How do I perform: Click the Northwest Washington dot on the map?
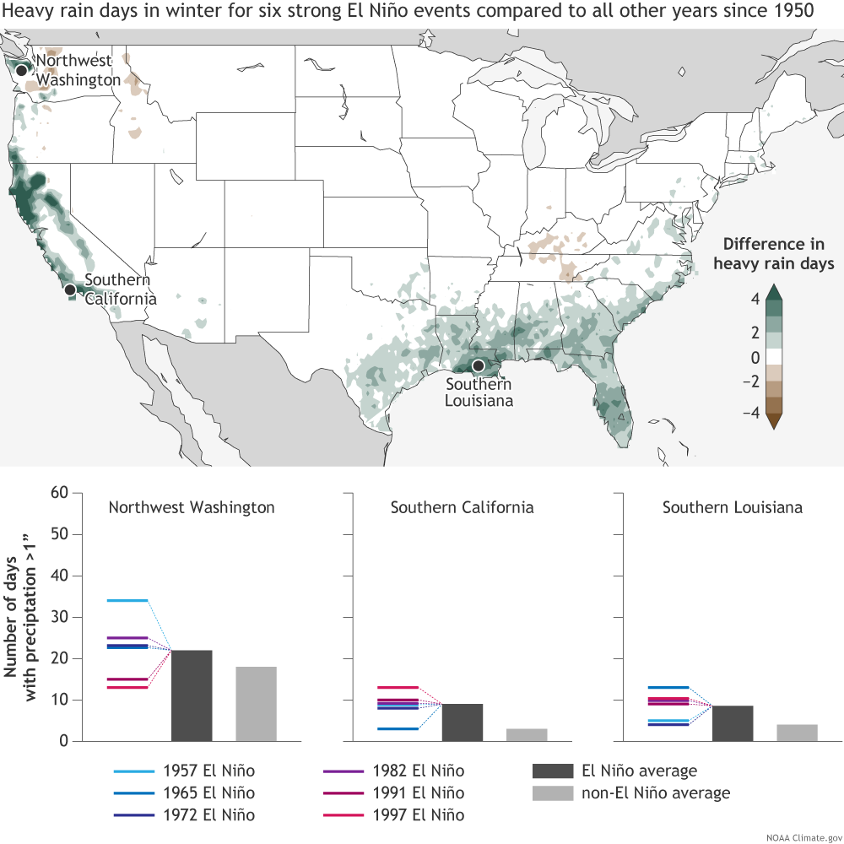(x=22, y=69)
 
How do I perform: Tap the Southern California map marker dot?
(x=71, y=289)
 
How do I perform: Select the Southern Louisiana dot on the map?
(x=479, y=365)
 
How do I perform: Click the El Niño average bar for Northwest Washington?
(x=192, y=695)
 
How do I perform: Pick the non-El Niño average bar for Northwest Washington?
(x=256, y=704)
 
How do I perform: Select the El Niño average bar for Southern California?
(x=462, y=722)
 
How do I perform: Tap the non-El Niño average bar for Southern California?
(x=527, y=734)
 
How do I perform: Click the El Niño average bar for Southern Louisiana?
(x=733, y=723)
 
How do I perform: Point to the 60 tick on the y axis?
(x=59, y=493)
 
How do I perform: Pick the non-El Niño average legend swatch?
(x=552, y=793)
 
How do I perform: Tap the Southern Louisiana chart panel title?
(x=732, y=507)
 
